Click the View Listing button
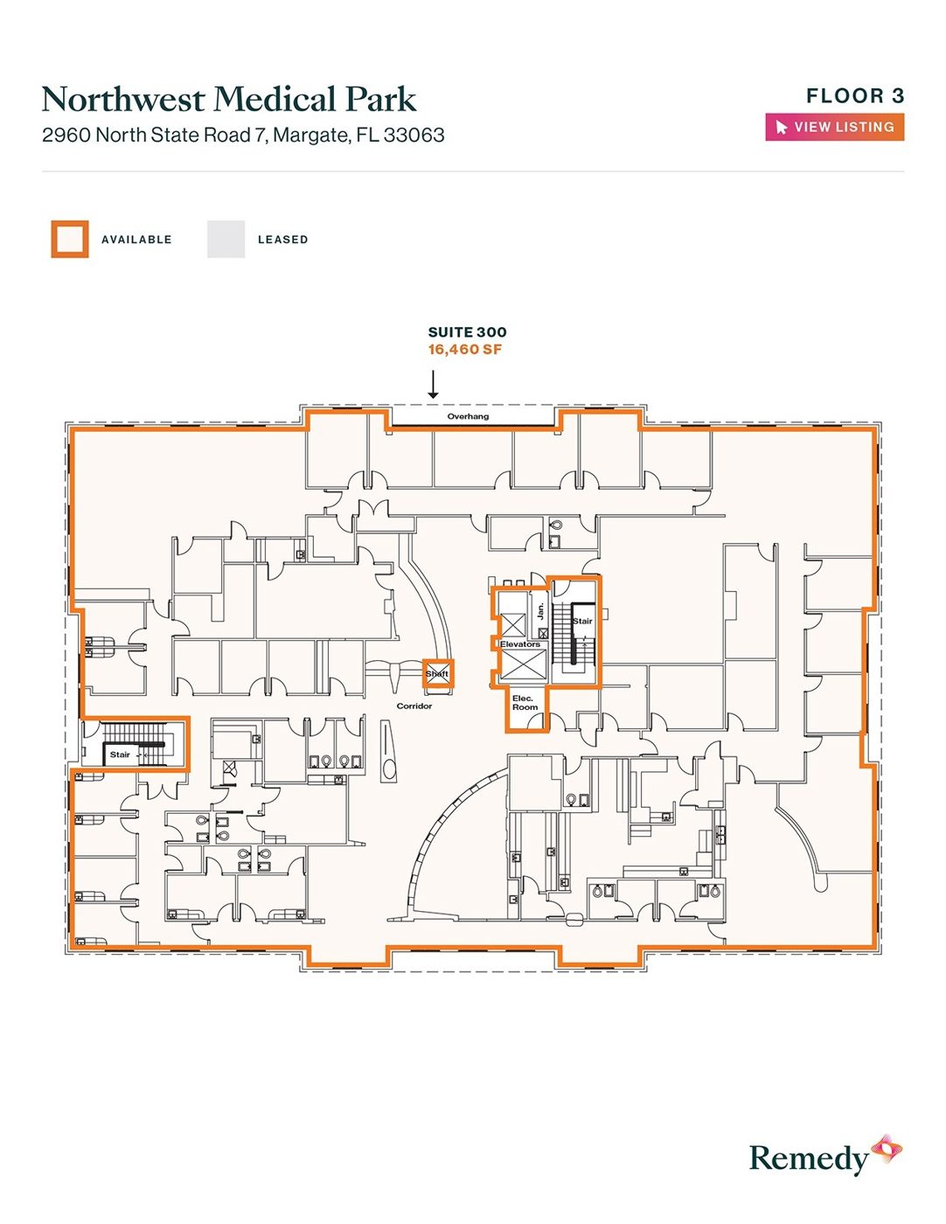click(834, 127)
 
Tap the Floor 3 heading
click(855, 96)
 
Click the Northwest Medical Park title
click(229, 99)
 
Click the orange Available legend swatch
click(70, 239)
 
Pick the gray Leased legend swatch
click(226, 239)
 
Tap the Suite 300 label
click(467, 332)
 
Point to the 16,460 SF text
click(464, 349)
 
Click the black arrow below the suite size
click(433, 384)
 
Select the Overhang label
click(468, 416)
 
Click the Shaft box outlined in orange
click(437, 673)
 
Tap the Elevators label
click(519, 643)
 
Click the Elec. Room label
click(525, 702)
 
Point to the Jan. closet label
click(540, 610)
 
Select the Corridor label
click(414, 706)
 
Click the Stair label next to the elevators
click(582, 621)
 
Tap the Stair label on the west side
click(120, 755)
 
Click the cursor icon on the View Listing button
click(781, 128)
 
